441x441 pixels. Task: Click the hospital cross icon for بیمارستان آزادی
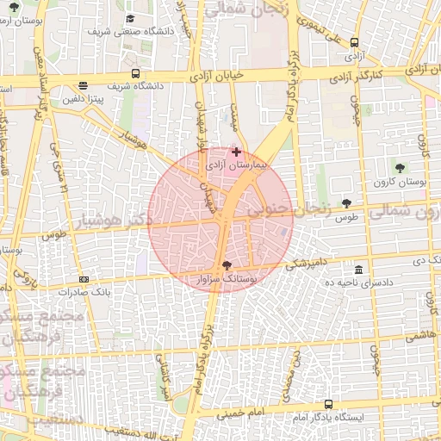237,151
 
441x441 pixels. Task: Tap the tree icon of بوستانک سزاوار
227,265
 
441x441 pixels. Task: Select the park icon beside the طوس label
346,203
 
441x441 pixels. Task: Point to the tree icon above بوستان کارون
399,167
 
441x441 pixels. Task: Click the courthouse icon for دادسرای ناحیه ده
358,270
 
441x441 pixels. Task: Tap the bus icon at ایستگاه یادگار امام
328,404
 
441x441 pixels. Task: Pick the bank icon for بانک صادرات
84,279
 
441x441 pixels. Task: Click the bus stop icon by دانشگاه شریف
135,73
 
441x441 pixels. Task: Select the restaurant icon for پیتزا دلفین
82,85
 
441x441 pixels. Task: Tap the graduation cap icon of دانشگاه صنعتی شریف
130,18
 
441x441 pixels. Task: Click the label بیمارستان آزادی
239,163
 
